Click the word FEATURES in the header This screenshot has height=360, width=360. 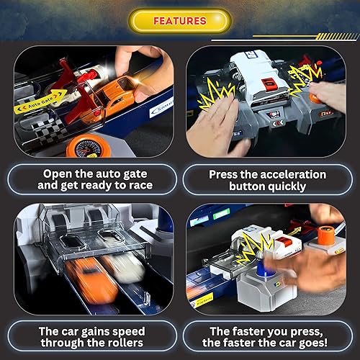[x=181, y=21]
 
